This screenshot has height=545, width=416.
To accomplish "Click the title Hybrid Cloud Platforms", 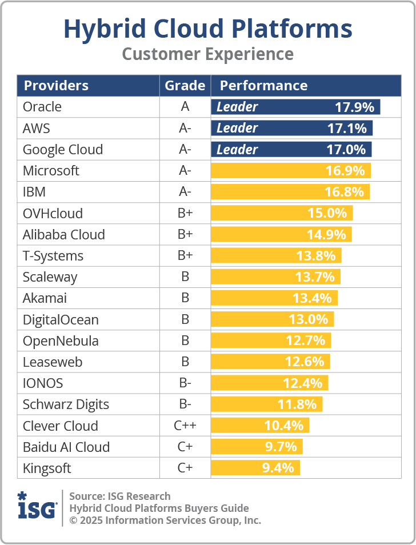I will [207, 29].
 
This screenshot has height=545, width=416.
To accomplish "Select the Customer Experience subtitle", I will [207, 54].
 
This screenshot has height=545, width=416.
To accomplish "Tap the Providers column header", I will [56, 86].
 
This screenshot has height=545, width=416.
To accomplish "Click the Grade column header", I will [185, 86].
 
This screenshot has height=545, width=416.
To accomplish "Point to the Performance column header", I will [263, 86].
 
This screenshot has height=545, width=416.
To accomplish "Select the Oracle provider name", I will [42, 107].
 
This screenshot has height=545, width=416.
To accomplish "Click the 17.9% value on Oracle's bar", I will [354, 107].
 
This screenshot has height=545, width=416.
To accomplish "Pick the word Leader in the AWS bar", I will [237, 128].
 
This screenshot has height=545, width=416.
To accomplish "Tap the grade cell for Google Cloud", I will [185, 150].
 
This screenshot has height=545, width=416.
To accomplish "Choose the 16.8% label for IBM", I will [344, 192].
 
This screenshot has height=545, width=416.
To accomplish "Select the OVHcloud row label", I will [53, 214].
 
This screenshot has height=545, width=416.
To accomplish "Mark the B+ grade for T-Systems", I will [185, 256].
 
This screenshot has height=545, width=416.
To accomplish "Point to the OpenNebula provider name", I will [61, 341].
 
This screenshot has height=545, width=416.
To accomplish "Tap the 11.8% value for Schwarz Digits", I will [297, 404].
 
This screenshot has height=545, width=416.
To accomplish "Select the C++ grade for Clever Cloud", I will [185, 426].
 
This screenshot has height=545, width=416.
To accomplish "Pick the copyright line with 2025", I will [165, 520].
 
